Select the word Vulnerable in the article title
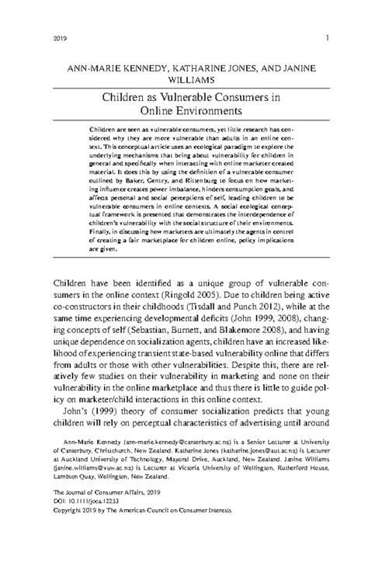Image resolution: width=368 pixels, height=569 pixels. click(x=210, y=99)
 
